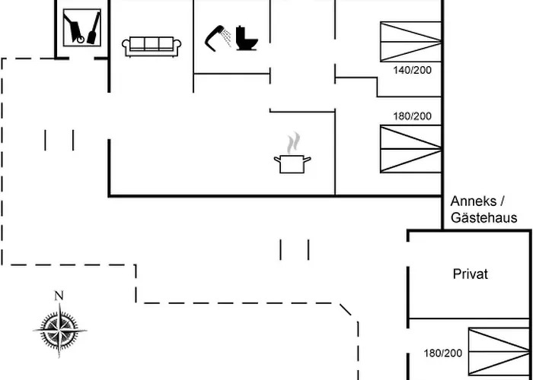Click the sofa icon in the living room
(152, 46)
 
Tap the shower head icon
(213, 38)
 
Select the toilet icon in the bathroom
(247, 38)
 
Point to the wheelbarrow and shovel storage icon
(82, 27)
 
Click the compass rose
(60, 330)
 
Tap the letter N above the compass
(59, 296)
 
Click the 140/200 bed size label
(413, 70)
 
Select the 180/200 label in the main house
(413, 116)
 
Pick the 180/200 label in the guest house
(443, 353)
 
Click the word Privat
(471, 274)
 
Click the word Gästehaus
(484, 217)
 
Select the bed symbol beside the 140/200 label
(410, 42)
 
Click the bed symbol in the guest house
(499, 352)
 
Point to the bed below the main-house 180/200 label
(410, 149)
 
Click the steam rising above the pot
(293, 143)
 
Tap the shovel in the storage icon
(94, 28)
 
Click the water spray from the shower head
(227, 37)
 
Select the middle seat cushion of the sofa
(152, 43)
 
